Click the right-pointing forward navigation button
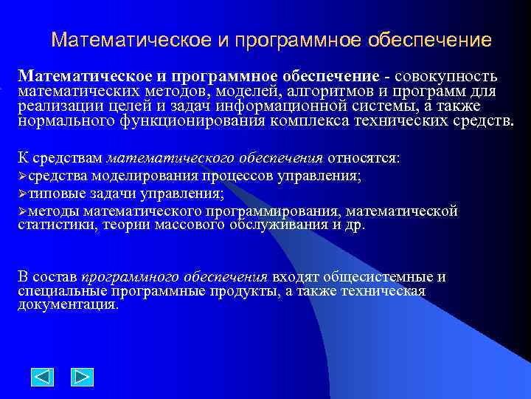click(82, 377)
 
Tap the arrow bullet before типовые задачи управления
click(23, 194)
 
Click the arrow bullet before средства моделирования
click(23, 176)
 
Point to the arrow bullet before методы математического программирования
click(23, 212)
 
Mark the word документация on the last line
click(68, 304)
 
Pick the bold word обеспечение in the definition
click(328, 77)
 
